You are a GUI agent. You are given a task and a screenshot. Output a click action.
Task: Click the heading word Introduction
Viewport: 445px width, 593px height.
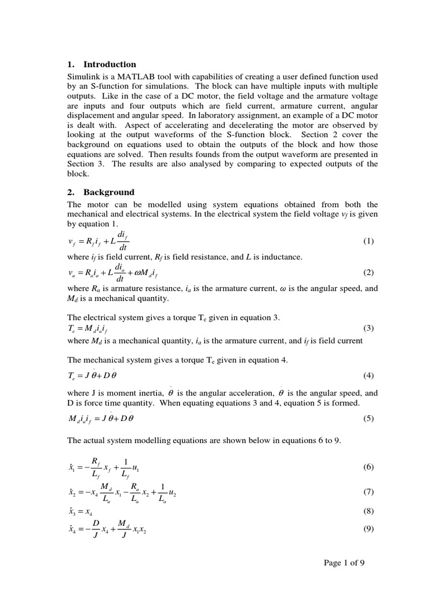point(110,64)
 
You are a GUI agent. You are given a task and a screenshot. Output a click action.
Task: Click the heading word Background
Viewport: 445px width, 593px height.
point(109,192)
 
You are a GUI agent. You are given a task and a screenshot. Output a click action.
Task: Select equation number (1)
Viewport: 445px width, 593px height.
point(369,241)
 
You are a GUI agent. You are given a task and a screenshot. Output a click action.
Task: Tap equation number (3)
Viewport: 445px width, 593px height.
point(369,328)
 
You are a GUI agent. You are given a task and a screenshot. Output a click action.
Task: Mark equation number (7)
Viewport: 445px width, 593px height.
point(369,492)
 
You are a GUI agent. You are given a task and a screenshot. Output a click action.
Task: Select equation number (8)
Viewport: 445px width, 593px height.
point(369,511)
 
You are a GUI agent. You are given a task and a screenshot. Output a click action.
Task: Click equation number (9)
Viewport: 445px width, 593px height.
point(369,529)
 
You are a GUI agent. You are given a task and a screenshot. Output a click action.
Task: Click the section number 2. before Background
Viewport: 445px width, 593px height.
point(71,192)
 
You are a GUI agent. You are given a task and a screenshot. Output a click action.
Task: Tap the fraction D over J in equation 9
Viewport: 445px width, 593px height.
point(96,529)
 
